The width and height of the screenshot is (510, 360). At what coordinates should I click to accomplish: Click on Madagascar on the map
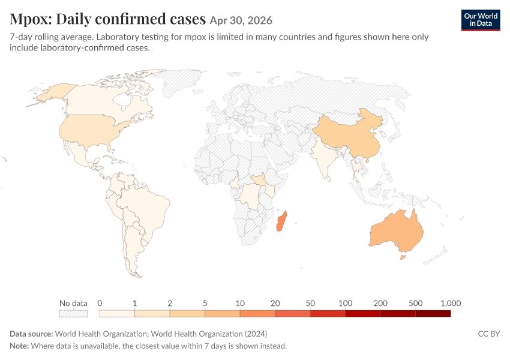click(x=281, y=221)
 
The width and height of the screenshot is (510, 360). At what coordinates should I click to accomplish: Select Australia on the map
click(x=397, y=232)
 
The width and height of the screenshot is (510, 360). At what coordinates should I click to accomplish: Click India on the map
click(x=323, y=156)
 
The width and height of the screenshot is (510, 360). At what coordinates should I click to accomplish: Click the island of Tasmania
click(x=403, y=257)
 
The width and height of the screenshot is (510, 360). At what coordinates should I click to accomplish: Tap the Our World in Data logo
click(x=481, y=20)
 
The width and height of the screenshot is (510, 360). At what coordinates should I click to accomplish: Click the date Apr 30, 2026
click(x=241, y=20)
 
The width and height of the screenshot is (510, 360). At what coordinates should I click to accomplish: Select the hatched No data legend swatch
click(x=74, y=313)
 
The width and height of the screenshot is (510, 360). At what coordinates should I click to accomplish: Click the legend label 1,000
click(x=451, y=303)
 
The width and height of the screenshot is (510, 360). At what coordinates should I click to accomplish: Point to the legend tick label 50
click(x=310, y=303)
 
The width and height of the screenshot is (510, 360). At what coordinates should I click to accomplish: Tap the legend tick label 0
click(x=100, y=303)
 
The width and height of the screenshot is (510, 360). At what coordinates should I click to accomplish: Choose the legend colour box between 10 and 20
click(x=257, y=313)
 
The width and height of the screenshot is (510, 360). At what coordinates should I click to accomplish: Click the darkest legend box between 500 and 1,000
click(x=433, y=313)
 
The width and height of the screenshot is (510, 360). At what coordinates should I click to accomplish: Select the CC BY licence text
click(x=489, y=334)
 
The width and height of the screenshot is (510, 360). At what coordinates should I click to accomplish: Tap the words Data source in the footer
click(x=31, y=334)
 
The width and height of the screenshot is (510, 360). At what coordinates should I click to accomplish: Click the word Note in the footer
click(x=19, y=346)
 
